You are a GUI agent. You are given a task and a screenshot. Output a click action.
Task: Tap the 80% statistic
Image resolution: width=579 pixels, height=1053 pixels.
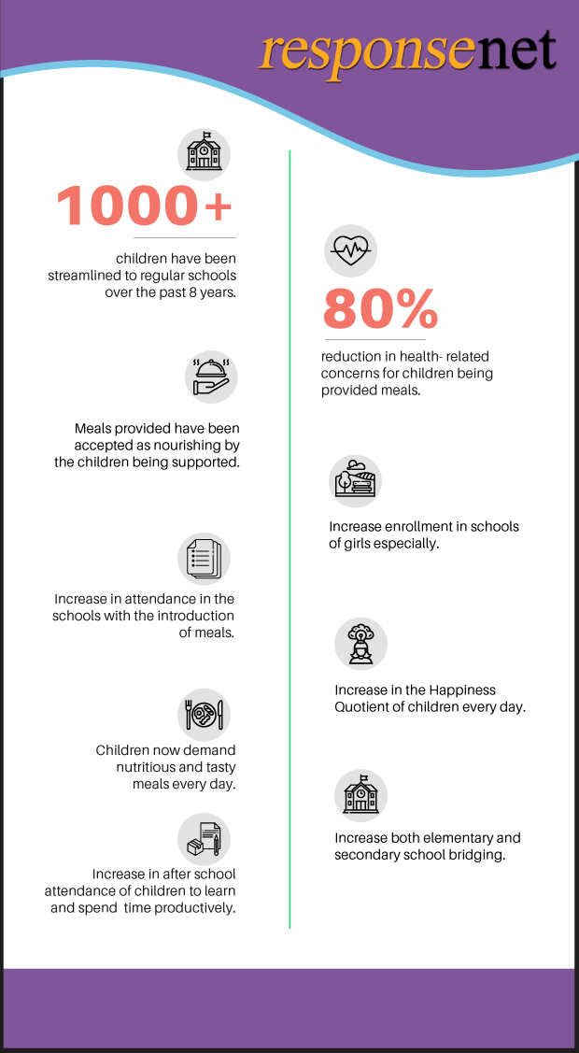380,308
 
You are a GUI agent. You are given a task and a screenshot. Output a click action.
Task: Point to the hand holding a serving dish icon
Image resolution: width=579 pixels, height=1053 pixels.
210,376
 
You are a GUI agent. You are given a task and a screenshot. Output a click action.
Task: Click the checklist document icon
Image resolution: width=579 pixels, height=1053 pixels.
204,560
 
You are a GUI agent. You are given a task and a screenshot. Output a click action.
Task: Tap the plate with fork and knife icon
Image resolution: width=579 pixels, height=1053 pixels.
204,715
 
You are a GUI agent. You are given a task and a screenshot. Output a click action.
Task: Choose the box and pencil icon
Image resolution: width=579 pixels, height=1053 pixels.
204,838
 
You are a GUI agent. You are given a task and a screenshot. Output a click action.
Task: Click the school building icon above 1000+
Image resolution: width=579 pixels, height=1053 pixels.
203,152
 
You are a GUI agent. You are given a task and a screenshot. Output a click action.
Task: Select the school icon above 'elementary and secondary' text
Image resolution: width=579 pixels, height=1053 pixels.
360,795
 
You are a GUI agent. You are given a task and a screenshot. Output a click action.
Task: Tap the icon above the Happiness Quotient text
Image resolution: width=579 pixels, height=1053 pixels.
360,644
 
